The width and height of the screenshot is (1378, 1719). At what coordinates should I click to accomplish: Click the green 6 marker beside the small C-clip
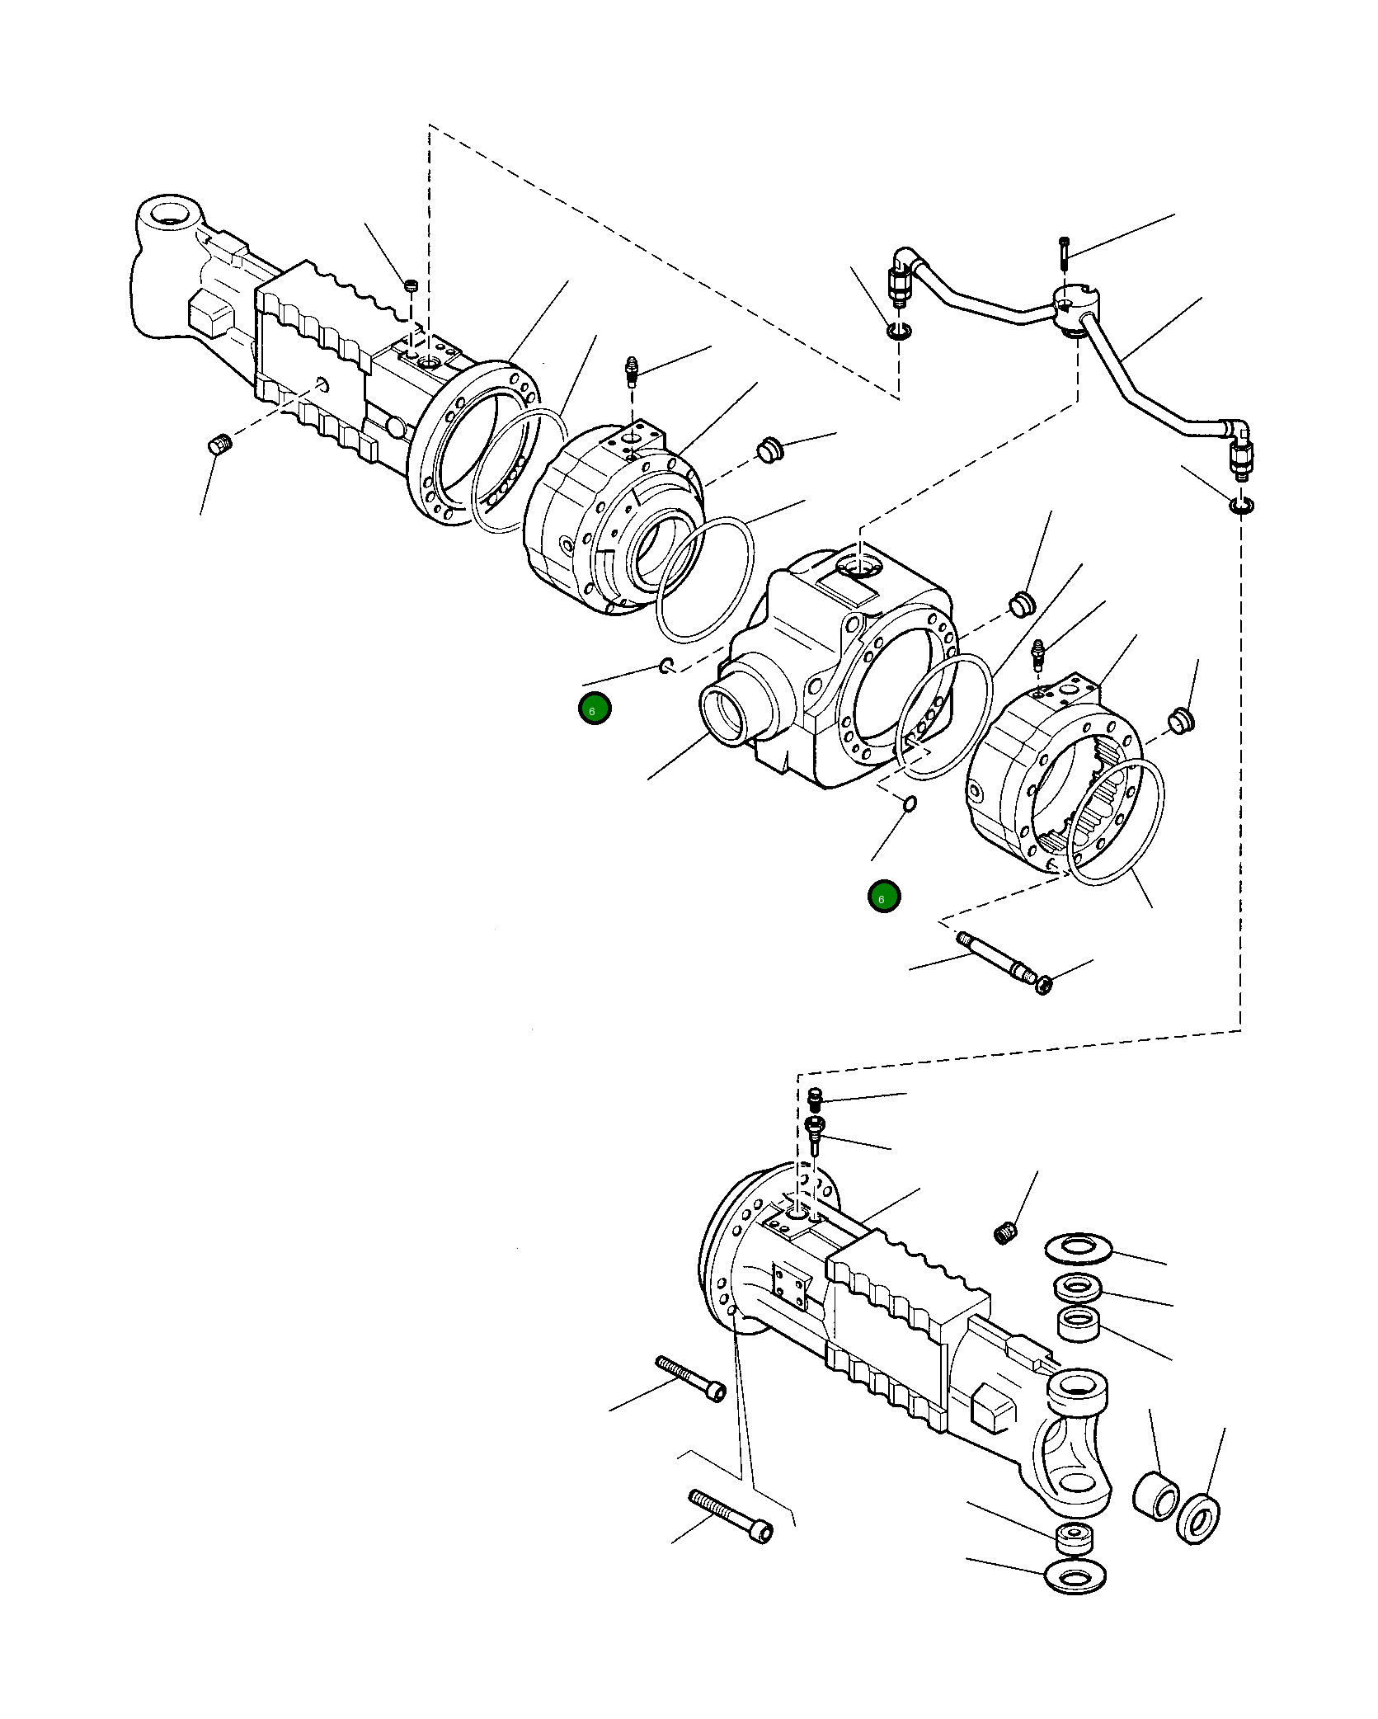595,709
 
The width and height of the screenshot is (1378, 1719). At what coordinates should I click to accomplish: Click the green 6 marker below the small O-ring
884,896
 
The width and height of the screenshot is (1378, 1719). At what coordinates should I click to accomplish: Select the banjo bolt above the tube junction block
1064,252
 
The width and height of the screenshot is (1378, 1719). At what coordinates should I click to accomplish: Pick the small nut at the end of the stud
1044,984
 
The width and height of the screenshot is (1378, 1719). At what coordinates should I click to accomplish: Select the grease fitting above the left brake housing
632,371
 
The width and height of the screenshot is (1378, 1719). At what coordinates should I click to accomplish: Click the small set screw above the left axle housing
412,285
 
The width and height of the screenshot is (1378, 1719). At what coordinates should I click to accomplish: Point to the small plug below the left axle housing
219,445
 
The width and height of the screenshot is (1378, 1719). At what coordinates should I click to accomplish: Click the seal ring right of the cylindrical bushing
1198,1517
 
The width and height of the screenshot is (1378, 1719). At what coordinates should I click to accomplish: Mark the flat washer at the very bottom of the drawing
1075,1578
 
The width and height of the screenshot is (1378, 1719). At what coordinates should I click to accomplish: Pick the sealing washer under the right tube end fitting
1240,505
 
